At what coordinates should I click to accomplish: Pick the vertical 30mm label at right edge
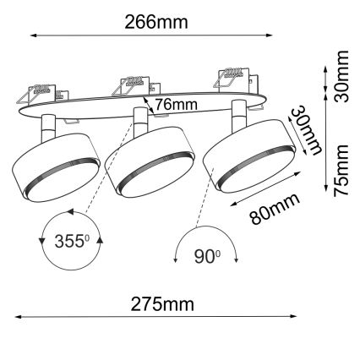(x=341, y=76)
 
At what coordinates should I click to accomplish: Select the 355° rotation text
(x=70, y=239)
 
